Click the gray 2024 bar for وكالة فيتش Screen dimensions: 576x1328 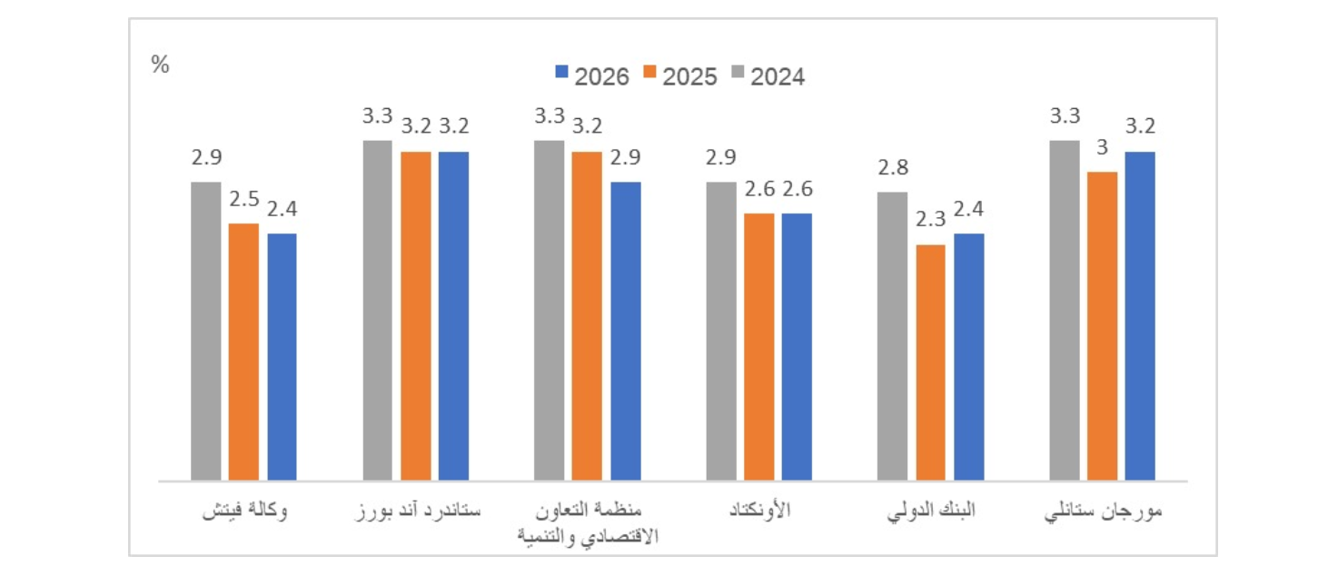click(205, 331)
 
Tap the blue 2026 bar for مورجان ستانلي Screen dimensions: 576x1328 click(1140, 315)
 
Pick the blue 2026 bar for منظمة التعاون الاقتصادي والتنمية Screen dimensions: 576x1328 click(626, 331)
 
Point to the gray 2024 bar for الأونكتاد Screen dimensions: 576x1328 click(721, 331)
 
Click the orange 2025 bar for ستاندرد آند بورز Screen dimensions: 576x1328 click(416, 315)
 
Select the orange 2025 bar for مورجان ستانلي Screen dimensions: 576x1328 click(1103, 325)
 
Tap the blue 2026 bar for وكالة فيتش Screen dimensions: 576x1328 click(282, 356)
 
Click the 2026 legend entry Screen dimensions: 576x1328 click(591, 76)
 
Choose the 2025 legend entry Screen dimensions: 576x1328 click(679, 76)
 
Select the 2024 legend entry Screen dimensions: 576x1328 click(768, 76)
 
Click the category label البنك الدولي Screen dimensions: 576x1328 click(931, 511)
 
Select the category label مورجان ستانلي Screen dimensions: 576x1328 click(1103, 511)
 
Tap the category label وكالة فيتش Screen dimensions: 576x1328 click(244, 511)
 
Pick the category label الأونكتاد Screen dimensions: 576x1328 click(760, 511)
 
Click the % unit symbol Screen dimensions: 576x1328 click(161, 65)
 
